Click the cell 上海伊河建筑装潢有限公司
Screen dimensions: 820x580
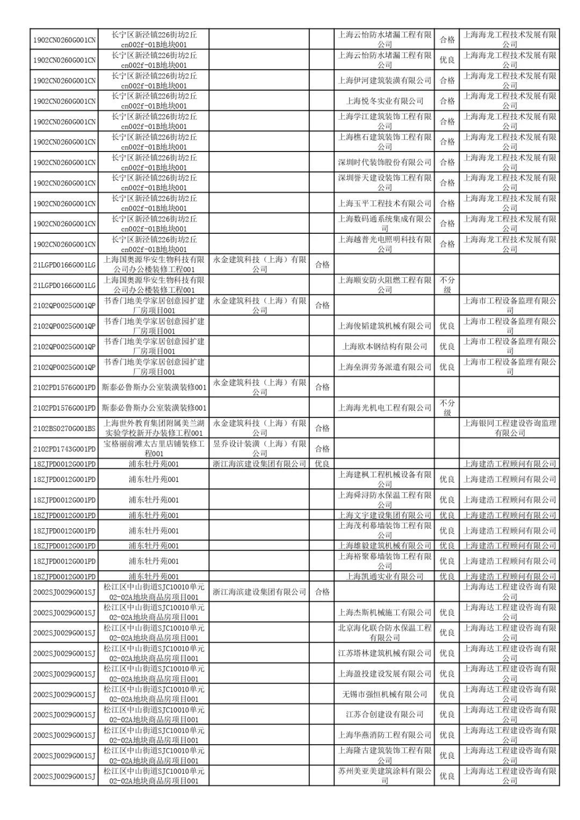coord(385,81)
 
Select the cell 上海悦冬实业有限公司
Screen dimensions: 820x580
coord(385,101)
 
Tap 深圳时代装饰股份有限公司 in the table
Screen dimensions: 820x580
coord(385,162)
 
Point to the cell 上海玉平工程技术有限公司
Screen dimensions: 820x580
coord(385,204)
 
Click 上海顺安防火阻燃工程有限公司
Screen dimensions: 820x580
coord(385,285)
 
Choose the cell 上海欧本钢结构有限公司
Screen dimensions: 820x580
coord(385,347)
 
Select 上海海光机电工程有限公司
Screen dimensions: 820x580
coord(385,408)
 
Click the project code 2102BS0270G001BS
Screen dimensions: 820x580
coord(64,428)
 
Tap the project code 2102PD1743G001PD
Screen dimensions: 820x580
coord(64,449)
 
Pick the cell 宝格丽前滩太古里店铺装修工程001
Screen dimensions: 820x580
coord(154,449)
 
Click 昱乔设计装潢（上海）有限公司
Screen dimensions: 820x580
coord(259,449)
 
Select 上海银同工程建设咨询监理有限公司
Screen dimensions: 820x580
coord(510,428)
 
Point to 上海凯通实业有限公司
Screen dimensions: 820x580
coord(385,577)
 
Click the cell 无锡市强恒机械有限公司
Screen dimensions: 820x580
coord(385,694)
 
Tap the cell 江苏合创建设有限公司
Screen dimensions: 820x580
coord(385,715)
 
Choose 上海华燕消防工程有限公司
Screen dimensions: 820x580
coord(385,735)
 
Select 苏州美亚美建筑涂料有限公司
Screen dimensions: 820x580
coord(385,776)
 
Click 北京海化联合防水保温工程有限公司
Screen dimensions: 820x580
coord(385,632)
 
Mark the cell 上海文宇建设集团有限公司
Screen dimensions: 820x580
coord(385,515)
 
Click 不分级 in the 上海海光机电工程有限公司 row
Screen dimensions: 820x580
coord(447,408)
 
